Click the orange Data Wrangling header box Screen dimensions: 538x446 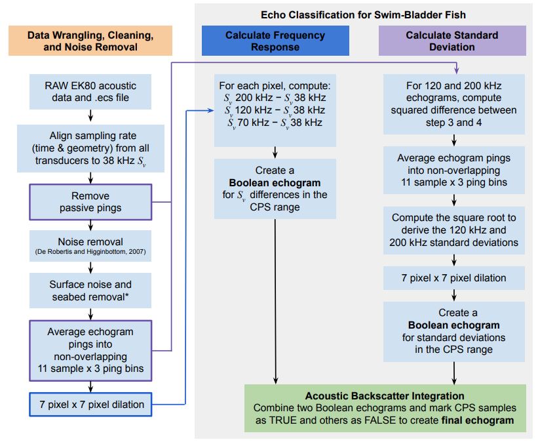coord(90,41)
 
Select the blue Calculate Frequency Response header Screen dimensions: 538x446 coord(275,41)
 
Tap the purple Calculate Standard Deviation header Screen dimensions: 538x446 coord(452,41)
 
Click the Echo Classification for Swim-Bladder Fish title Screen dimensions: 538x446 coord(363,15)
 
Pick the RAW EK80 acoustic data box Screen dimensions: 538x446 coord(90,92)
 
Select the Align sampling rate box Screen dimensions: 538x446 coord(90,148)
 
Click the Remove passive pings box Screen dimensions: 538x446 coord(90,202)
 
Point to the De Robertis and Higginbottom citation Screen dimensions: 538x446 coord(90,252)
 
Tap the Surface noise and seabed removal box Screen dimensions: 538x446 coord(90,291)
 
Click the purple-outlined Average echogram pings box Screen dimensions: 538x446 coord(90,350)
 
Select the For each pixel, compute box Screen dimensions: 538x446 coord(275,110)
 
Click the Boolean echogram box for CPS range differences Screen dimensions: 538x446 coord(275,188)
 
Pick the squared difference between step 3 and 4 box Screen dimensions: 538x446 coord(454,104)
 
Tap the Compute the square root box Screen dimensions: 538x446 coord(454,230)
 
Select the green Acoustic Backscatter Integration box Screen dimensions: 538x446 coord(385,408)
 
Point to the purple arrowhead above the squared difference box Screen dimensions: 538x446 coord(456,70)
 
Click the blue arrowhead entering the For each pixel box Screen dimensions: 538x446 coord(210,110)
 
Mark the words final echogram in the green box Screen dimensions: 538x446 coord(478,420)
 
